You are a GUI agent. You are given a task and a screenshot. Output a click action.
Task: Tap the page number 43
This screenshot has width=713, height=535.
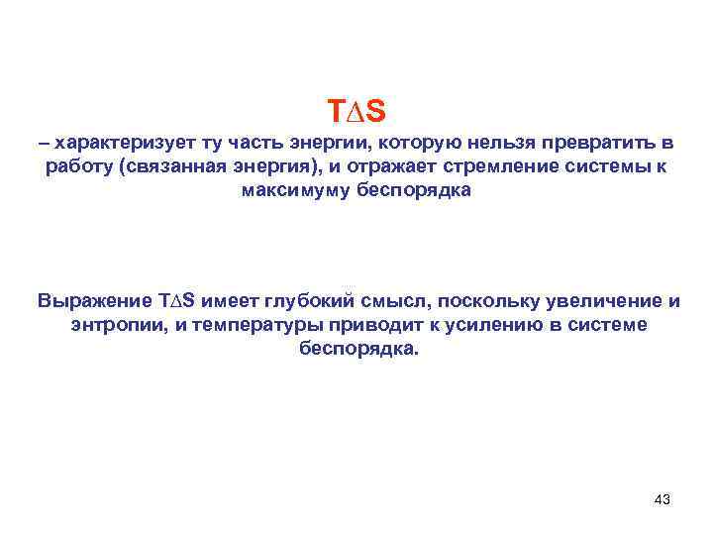click(x=662, y=499)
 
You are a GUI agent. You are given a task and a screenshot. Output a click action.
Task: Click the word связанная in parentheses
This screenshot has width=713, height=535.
click(x=164, y=167)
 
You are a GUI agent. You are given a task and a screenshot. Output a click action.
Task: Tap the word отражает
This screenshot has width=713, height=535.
click(x=374, y=167)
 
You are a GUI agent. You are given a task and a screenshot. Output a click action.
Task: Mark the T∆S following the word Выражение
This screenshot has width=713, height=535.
click(x=179, y=300)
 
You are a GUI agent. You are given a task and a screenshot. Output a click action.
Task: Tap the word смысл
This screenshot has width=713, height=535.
click(x=400, y=300)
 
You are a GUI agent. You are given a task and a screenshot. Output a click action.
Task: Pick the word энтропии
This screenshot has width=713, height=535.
click(x=113, y=324)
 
